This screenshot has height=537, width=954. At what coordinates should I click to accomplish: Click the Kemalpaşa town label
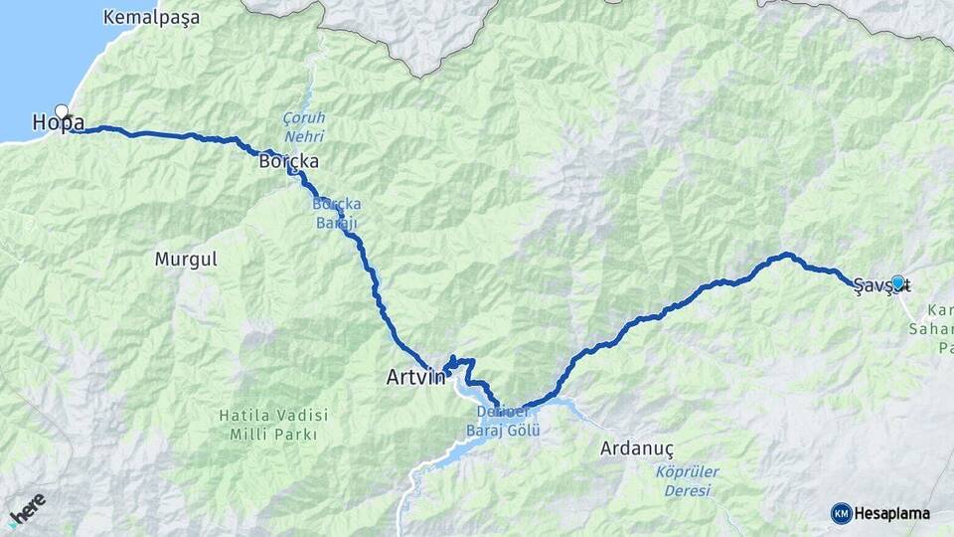point(151,17)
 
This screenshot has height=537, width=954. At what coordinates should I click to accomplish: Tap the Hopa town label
point(58,123)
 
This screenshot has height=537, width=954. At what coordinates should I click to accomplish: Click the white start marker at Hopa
point(63,111)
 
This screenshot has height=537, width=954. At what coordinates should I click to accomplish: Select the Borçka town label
point(287,160)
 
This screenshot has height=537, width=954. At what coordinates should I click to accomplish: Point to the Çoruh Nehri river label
point(304,125)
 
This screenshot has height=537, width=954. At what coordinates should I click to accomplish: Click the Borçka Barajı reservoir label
point(335,212)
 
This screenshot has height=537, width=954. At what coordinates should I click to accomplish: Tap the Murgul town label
point(185,260)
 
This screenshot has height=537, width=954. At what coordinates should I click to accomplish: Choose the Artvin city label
point(415,378)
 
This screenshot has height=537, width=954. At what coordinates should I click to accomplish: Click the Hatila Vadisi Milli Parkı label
point(273,425)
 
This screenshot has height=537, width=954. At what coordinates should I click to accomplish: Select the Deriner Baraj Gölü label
point(503,422)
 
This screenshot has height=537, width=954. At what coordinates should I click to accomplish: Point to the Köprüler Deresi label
point(688,481)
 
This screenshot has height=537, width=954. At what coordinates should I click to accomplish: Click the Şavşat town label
point(880,284)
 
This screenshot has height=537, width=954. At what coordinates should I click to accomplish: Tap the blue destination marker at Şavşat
point(897,282)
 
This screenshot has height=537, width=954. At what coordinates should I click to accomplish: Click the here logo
point(27,508)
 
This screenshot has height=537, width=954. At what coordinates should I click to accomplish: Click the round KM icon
point(841,513)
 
